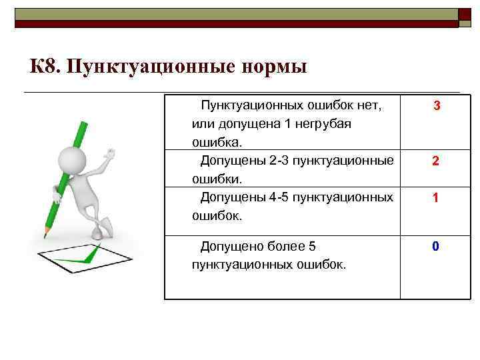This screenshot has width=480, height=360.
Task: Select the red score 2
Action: pyautogui.click(x=435, y=161)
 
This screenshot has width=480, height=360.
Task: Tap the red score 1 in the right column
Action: pyautogui.click(x=435, y=198)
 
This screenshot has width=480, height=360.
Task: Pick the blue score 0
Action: pyautogui.click(x=435, y=247)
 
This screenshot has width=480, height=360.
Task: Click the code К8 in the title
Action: pyautogui.click(x=44, y=67)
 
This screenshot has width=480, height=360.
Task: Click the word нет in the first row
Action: pyautogui.click(x=370, y=105)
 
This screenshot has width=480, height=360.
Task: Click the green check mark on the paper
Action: pyautogui.click(x=77, y=257)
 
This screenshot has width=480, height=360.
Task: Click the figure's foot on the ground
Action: pyautogui.click(x=97, y=233)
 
